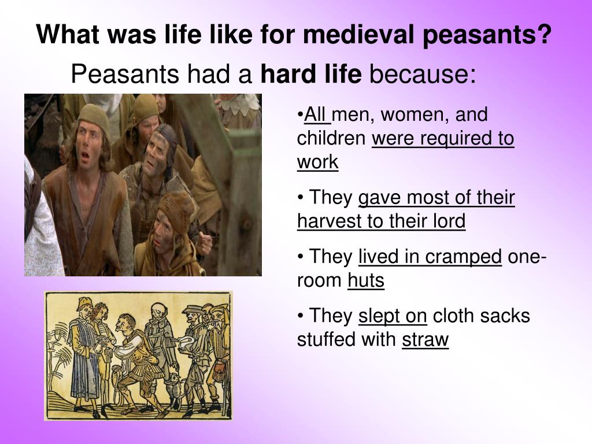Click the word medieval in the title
(x=360, y=35)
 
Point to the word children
(x=331, y=139)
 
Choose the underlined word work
(x=317, y=162)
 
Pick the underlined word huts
(x=365, y=281)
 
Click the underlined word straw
(x=425, y=340)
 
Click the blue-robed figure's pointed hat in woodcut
(x=84, y=302)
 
